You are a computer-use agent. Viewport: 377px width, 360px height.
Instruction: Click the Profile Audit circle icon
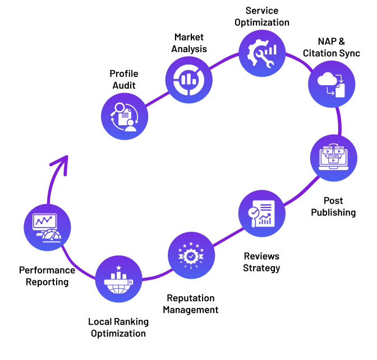125,116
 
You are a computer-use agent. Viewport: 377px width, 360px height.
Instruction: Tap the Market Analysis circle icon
189,79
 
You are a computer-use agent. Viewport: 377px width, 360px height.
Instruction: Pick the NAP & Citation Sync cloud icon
332,84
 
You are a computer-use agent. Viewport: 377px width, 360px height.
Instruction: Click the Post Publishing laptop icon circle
334,158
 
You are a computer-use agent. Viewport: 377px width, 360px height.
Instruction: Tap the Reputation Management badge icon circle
191,256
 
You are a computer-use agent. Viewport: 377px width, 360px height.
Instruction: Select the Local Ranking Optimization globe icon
118,279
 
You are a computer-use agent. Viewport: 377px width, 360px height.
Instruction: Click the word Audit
123,85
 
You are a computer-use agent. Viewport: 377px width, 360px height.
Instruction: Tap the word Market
188,37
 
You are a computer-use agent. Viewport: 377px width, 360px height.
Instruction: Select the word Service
262,11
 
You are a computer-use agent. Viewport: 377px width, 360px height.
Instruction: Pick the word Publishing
334,212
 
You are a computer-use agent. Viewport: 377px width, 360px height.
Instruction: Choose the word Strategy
261,267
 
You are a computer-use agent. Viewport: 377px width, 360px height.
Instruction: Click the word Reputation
191,298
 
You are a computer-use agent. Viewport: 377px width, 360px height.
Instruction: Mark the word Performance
47,270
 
